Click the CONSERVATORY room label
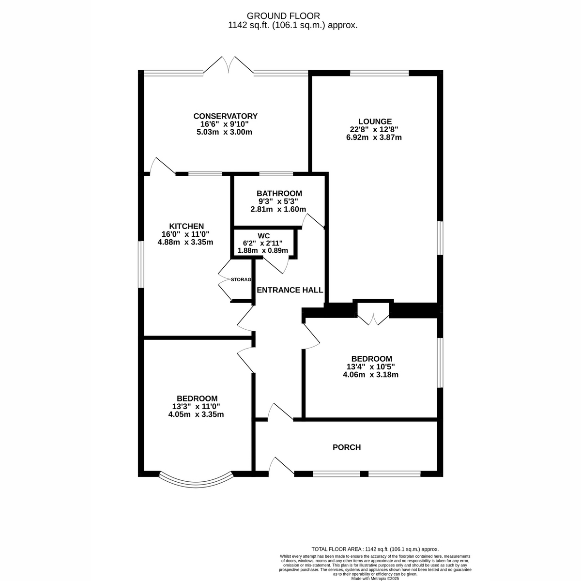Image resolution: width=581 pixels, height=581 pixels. (x=225, y=116)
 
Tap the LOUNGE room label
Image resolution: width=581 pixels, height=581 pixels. (x=375, y=122)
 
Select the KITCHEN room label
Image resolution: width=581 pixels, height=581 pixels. (x=186, y=226)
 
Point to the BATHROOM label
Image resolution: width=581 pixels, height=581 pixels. (x=279, y=193)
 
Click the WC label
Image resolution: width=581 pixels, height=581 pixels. (x=263, y=236)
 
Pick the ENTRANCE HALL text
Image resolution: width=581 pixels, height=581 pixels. (x=290, y=290)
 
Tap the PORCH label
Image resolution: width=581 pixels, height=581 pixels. (x=347, y=447)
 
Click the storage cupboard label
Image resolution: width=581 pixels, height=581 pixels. (x=241, y=279)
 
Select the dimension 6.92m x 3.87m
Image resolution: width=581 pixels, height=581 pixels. (x=374, y=138)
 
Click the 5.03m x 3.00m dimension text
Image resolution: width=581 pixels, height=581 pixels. (x=224, y=132)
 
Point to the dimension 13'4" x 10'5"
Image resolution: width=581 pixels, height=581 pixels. (x=370, y=367)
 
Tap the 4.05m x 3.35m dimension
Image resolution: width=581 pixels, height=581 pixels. (x=196, y=414)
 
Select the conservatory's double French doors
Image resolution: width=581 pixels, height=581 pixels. (x=228, y=65)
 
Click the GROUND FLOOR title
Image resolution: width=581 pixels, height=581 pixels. (x=283, y=15)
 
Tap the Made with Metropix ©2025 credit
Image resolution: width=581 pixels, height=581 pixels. (x=375, y=579)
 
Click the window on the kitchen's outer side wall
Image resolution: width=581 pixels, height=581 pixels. (x=141, y=264)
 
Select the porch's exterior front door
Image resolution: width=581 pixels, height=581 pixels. (x=281, y=467)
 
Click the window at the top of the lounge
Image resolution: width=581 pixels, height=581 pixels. (x=379, y=73)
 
